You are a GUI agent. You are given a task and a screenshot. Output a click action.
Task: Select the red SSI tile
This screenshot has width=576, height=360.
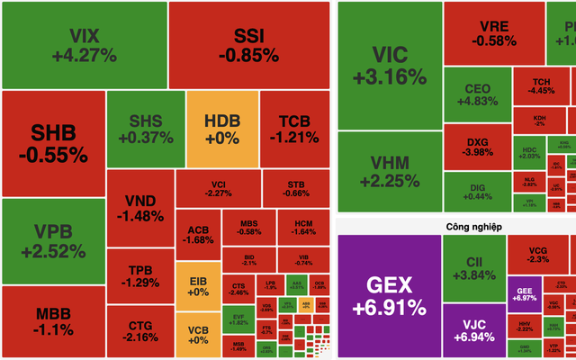point(249,45)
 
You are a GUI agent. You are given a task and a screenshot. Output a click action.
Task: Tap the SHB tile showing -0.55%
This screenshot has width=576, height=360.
point(53,143)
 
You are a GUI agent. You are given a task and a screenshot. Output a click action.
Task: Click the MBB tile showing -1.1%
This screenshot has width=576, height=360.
point(53,319)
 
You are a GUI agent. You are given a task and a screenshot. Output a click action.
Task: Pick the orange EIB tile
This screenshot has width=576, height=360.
point(197,286)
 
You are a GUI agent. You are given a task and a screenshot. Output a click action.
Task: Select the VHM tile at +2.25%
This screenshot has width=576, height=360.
point(389,171)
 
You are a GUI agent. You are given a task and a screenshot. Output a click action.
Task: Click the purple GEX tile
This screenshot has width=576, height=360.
point(389,295)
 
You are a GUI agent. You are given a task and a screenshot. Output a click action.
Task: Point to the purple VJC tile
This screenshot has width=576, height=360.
point(474,328)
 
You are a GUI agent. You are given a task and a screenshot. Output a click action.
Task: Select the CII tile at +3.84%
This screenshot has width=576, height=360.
point(474,268)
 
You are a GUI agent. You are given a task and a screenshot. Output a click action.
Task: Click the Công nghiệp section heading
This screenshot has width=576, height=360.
point(454,226)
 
